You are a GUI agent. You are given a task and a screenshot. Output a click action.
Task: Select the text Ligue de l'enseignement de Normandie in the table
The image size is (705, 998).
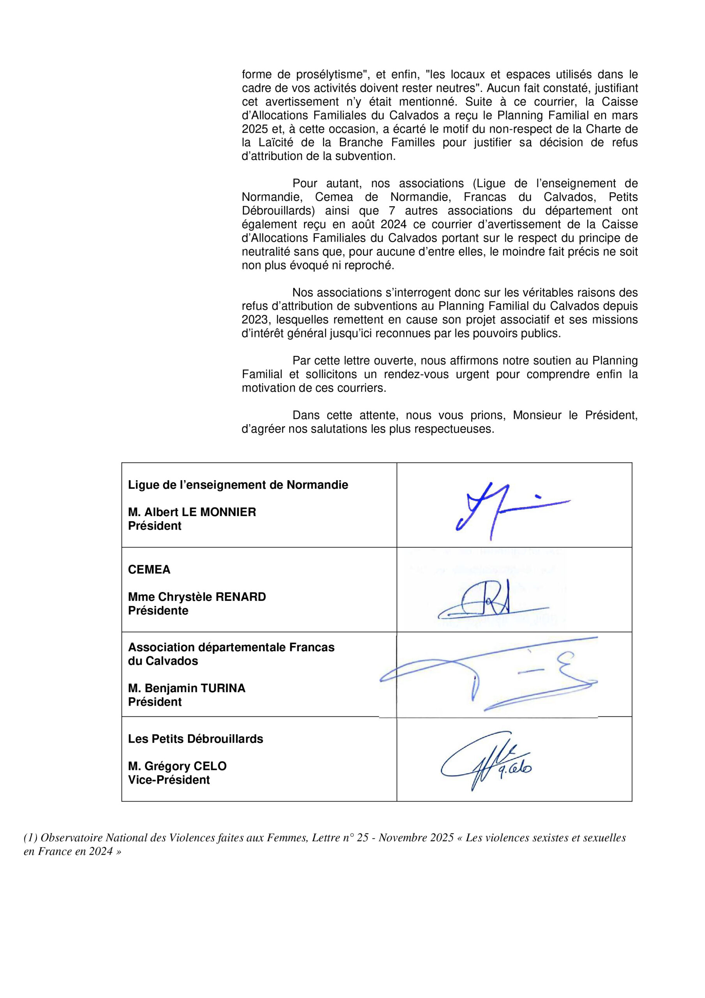238,485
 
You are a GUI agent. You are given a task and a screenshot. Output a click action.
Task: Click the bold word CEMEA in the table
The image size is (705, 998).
149,570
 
